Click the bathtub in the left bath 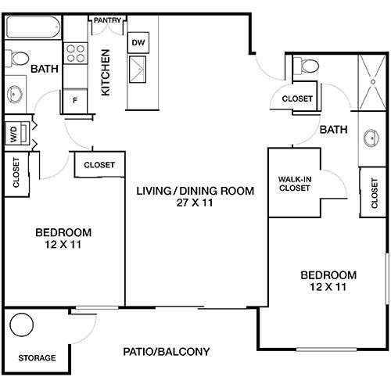pos(33,27)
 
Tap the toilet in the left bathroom pos(17,59)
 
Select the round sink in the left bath pos(15,95)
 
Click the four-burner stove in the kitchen pos(76,53)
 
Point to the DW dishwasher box pos(138,42)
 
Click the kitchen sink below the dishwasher pos(138,70)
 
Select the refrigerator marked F pos(75,101)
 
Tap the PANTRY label pos(107,20)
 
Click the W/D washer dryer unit pos(17,133)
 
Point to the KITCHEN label pos(106,73)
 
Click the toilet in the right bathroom pos(306,65)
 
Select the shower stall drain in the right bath pos(373,81)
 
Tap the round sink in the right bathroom pos(371,138)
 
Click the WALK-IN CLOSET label pos(295,184)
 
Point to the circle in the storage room pos(22,325)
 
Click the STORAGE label pos(37,358)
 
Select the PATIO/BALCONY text pos(167,352)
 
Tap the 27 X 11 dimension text pos(195,203)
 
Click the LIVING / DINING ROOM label pos(195,191)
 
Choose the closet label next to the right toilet pos(297,99)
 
